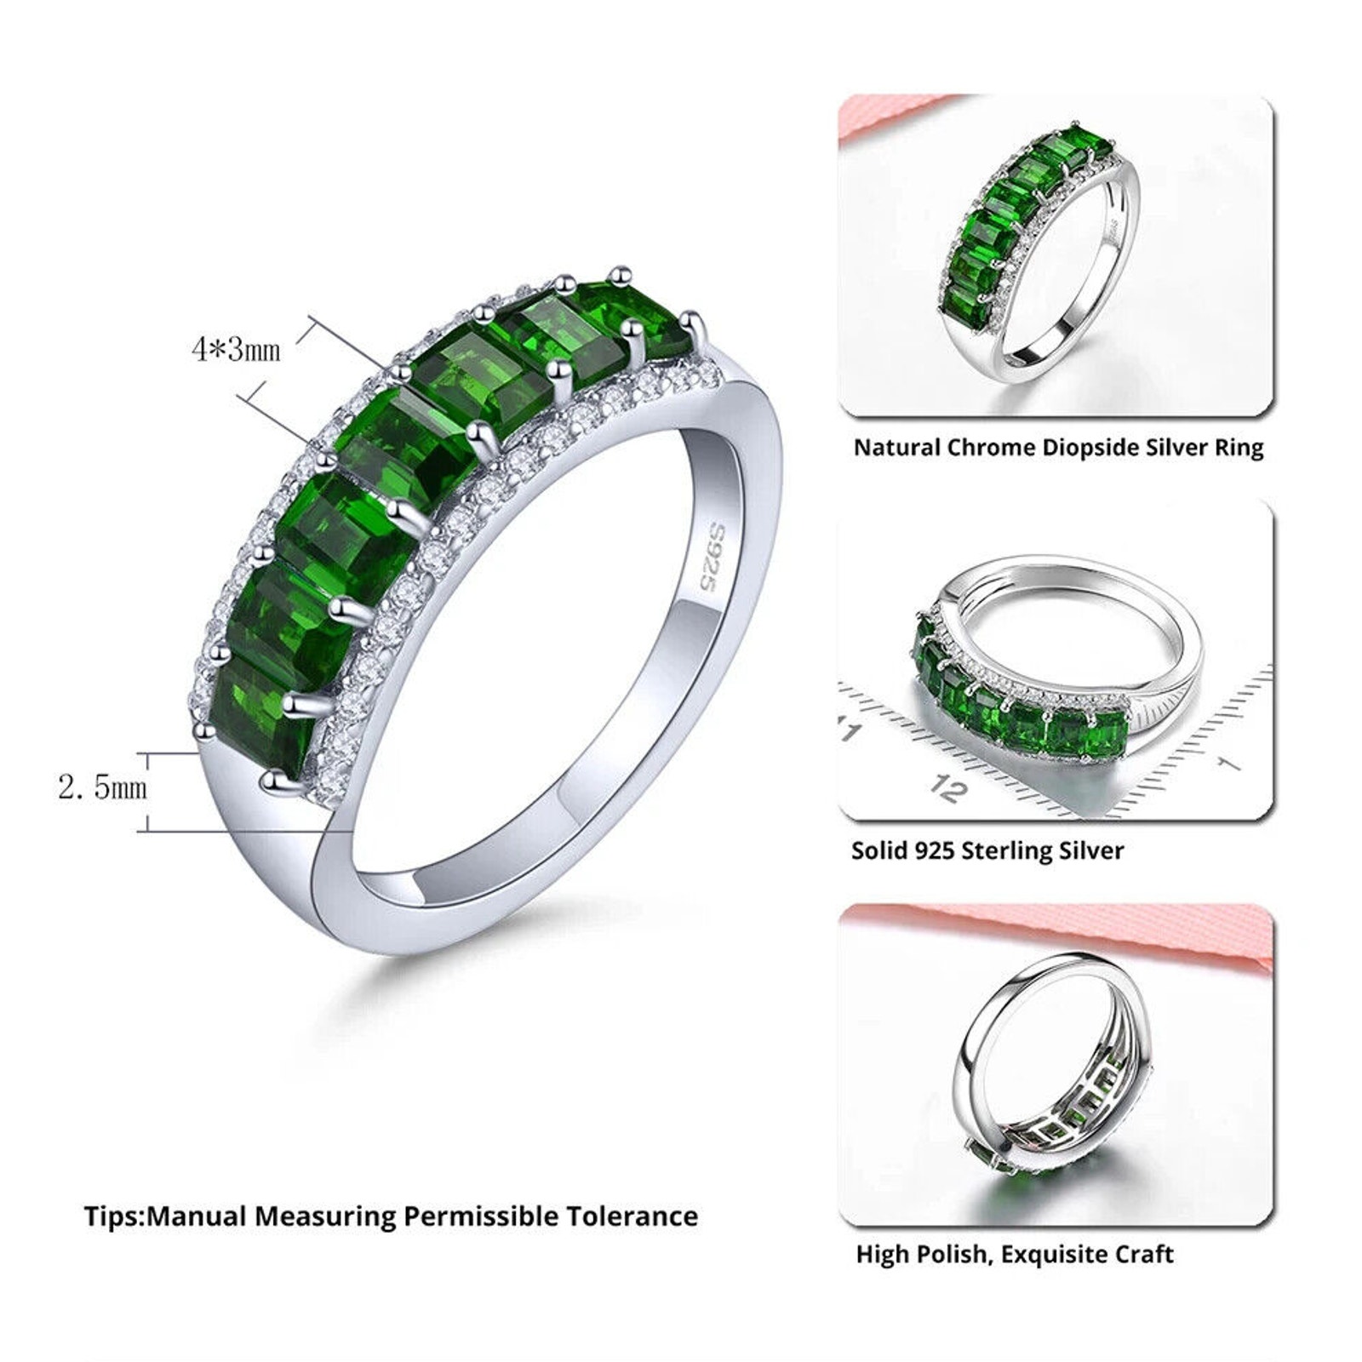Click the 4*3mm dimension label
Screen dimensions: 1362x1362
point(236,349)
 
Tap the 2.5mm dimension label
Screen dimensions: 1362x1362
point(102,787)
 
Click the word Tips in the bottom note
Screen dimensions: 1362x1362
point(112,1216)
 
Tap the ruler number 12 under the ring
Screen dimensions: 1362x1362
point(947,788)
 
